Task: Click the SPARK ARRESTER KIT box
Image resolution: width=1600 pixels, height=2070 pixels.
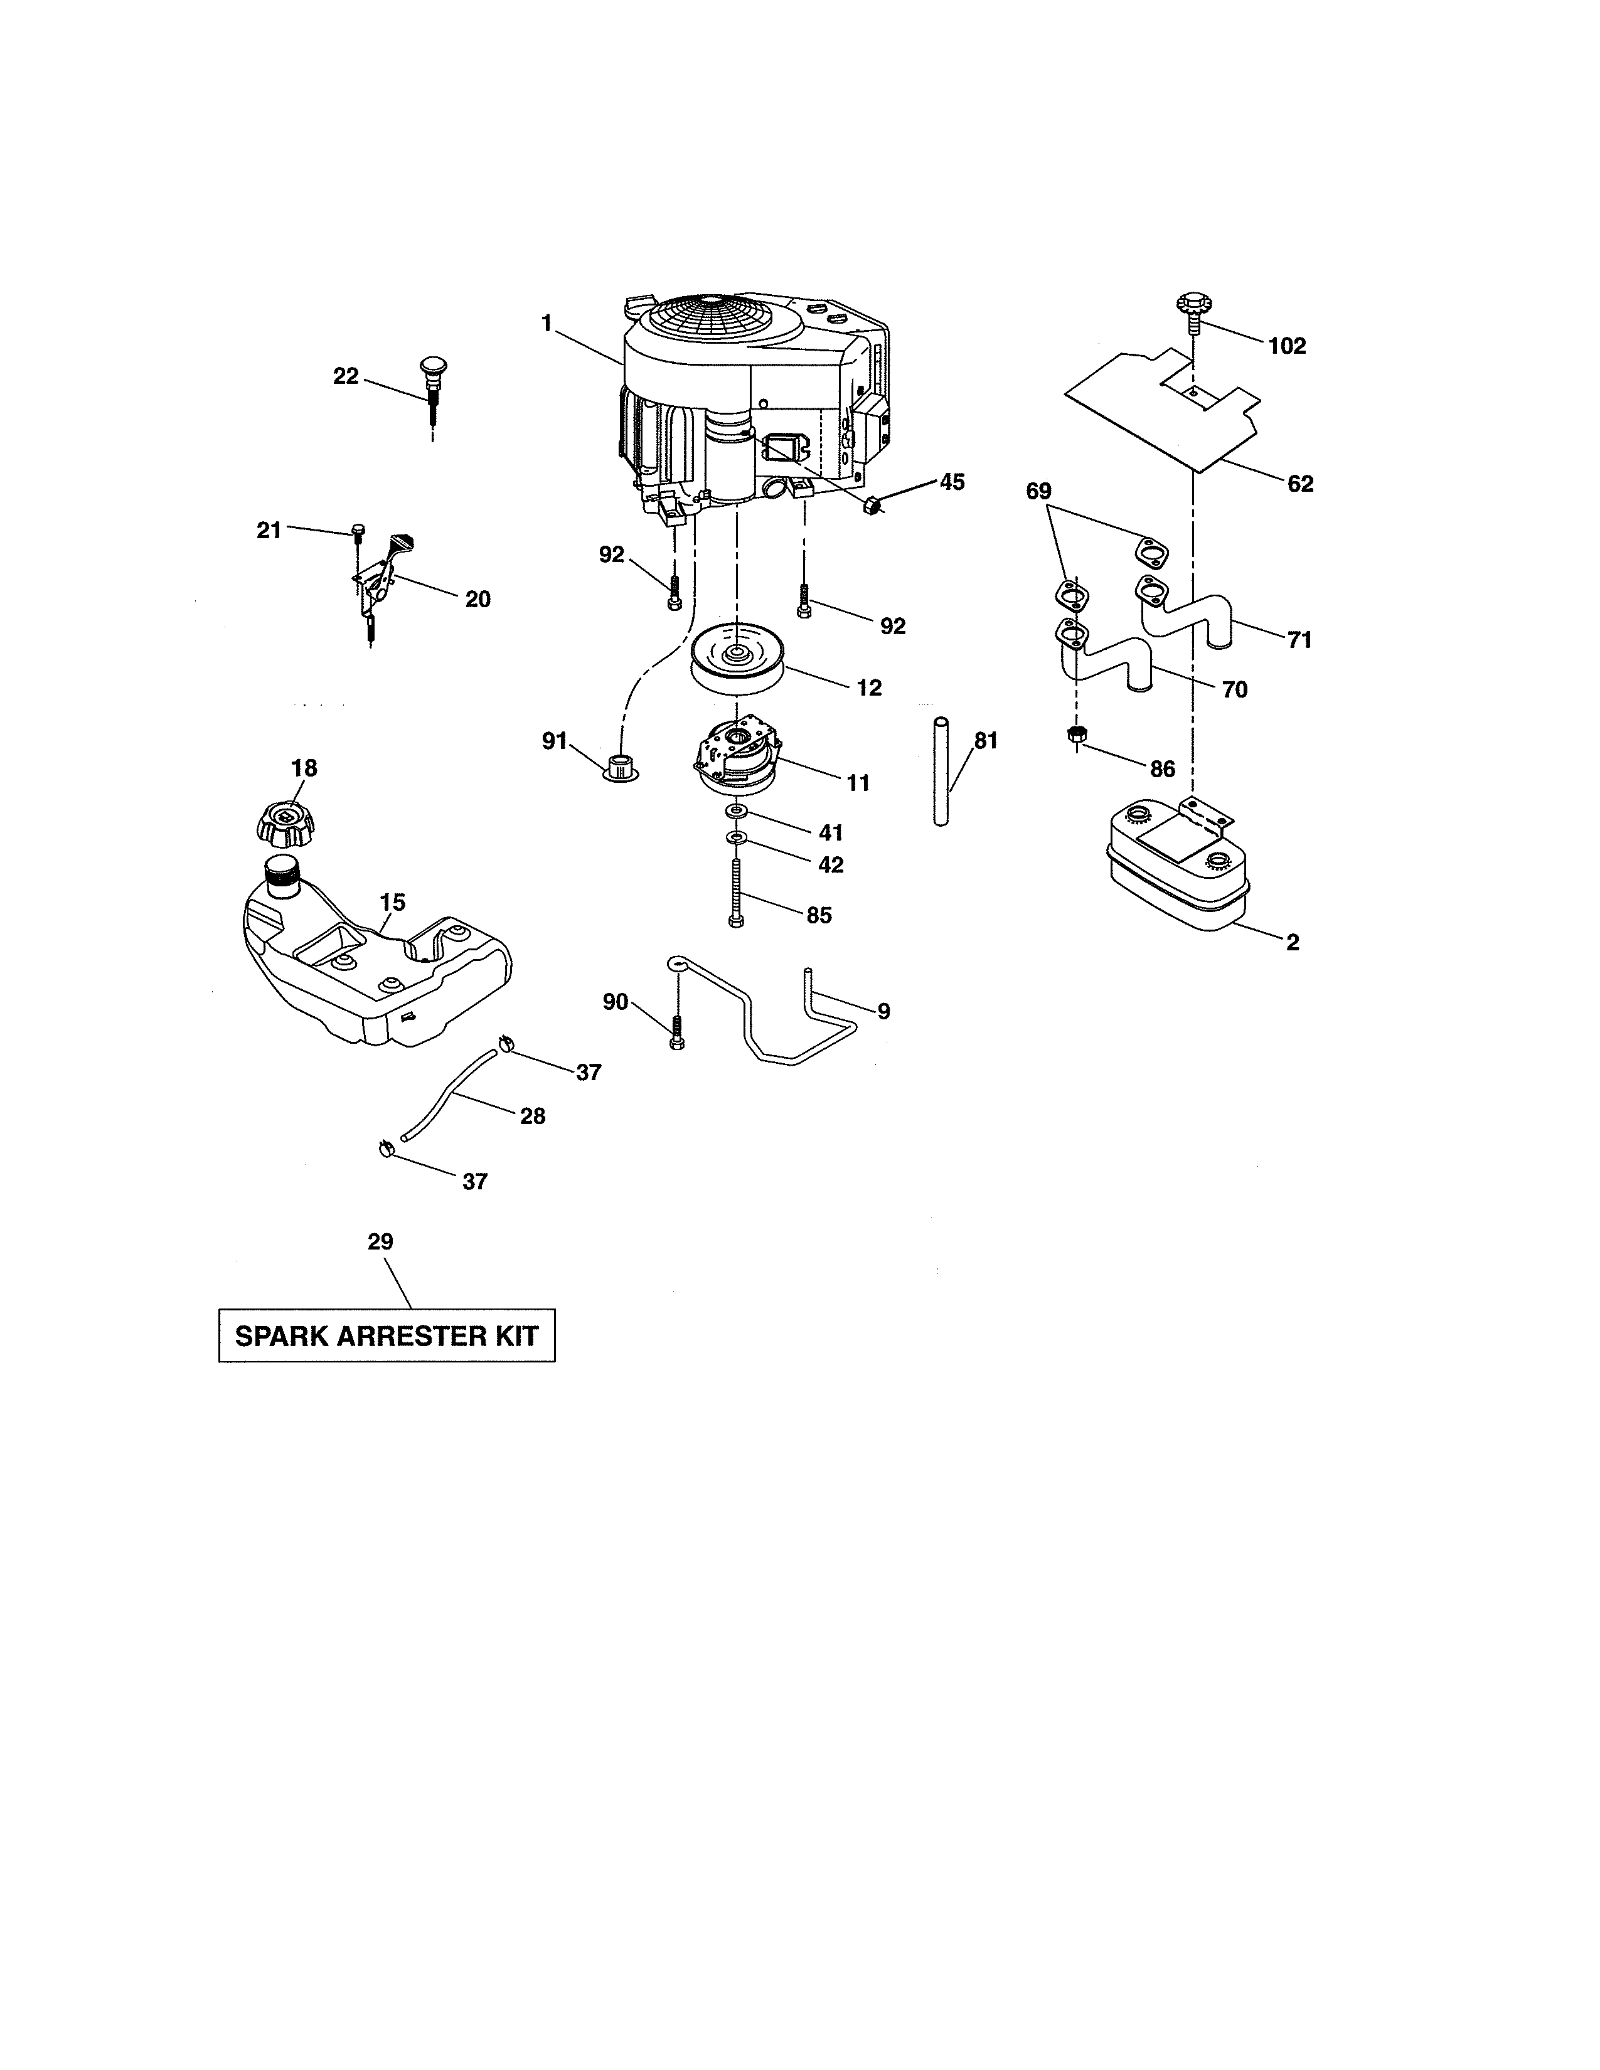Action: (387, 1335)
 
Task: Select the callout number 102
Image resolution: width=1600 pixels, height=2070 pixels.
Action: (1286, 347)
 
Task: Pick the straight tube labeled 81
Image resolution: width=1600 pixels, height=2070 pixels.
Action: (941, 772)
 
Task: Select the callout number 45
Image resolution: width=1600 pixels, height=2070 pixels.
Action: (952, 482)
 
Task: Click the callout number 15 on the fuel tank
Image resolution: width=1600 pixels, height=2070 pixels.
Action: (392, 902)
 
